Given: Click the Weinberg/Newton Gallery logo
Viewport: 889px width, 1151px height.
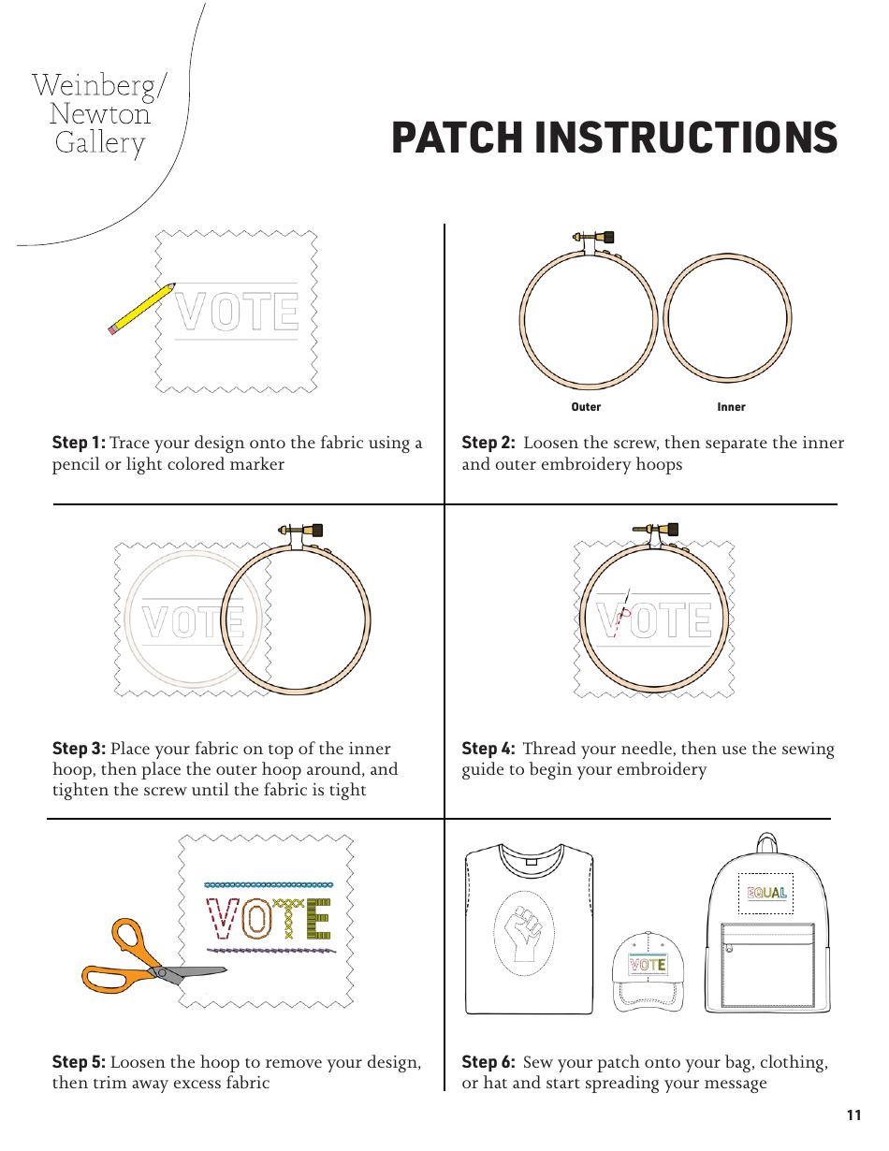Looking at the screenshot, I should [x=99, y=114].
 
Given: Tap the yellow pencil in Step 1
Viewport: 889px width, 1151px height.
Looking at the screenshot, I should [x=141, y=308].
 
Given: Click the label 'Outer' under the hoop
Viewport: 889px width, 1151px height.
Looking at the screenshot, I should [x=586, y=407].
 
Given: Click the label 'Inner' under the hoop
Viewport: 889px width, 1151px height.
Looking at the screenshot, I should [x=731, y=407].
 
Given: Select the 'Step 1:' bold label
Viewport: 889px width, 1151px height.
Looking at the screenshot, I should [x=79, y=443].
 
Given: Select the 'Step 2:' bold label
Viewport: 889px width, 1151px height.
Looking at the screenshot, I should [x=488, y=443].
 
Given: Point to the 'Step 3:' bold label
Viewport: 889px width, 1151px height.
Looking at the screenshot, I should [x=79, y=749].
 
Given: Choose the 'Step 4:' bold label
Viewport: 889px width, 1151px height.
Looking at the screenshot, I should [x=488, y=749].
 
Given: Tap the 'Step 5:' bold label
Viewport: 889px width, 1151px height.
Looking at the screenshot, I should [x=79, y=1062].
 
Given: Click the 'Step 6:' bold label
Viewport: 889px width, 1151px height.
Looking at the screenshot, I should [x=488, y=1062].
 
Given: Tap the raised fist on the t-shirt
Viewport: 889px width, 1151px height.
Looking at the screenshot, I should [x=524, y=931].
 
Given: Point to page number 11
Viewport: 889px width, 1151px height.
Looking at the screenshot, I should [x=853, y=1115].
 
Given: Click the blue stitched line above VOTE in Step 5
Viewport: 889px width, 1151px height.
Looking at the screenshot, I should [x=269, y=884].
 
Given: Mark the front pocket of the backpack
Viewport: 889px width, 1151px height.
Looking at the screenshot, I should [x=767, y=964].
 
